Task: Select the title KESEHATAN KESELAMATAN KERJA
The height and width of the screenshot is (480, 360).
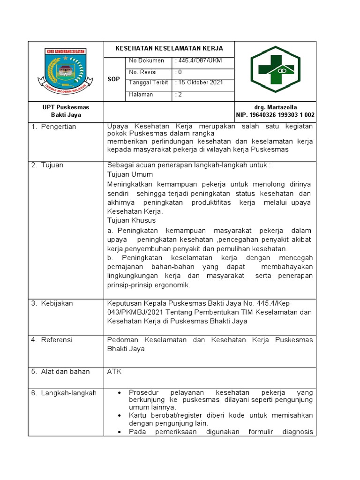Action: [x=169, y=48]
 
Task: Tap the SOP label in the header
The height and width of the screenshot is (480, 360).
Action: [x=114, y=79]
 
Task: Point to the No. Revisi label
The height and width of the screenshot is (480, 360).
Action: [x=143, y=72]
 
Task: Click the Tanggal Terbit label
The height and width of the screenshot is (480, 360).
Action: [x=148, y=82]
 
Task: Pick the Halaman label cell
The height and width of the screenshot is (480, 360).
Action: [x=141, y=94]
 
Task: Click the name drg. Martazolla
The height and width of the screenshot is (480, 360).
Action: [x=275, y=107]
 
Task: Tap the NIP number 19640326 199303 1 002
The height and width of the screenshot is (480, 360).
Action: [x=275, y=115]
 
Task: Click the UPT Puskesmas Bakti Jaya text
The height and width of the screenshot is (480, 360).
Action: [x=66, y=111]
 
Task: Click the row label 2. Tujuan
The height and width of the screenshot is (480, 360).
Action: [x=47, y=165]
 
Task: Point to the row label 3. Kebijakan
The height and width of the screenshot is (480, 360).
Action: [x=52, y=303]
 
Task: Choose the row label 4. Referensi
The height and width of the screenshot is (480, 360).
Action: [x=52, y=340]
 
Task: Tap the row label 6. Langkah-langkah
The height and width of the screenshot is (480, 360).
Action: [x=64, y=393]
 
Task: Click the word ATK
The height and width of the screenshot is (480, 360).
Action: [x=114, y=372]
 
